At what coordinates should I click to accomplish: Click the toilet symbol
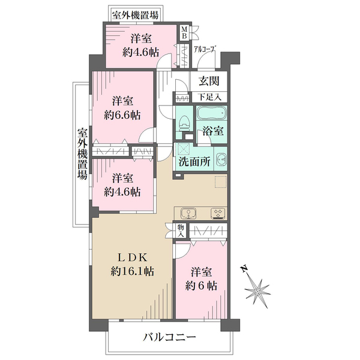pos(184,123)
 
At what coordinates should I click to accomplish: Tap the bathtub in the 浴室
pos(212,113)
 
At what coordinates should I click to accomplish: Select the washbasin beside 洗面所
pos(221,159)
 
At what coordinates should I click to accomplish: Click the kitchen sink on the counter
pos(188,213)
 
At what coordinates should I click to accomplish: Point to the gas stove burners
pos(218,213)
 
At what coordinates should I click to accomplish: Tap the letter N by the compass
pos(244,269)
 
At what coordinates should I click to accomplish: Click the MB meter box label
pos(185,32)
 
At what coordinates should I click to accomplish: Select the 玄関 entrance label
pos(209,81)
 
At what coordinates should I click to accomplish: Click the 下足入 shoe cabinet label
pos(210,97)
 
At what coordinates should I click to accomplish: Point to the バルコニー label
pos(169,337)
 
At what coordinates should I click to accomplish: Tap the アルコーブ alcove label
pos(205,49)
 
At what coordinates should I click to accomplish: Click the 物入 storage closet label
pos(181,231)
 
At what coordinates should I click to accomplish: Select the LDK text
pos(132,258)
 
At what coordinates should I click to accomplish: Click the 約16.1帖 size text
pos(132,272)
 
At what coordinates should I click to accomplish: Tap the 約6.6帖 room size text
pos(122,115)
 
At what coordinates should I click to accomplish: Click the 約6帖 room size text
pos(201,286)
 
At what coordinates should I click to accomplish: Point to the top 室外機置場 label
pos(135,16)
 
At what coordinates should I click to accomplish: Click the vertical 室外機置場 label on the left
pos(82,154)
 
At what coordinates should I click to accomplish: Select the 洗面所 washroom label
pos(194,162)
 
